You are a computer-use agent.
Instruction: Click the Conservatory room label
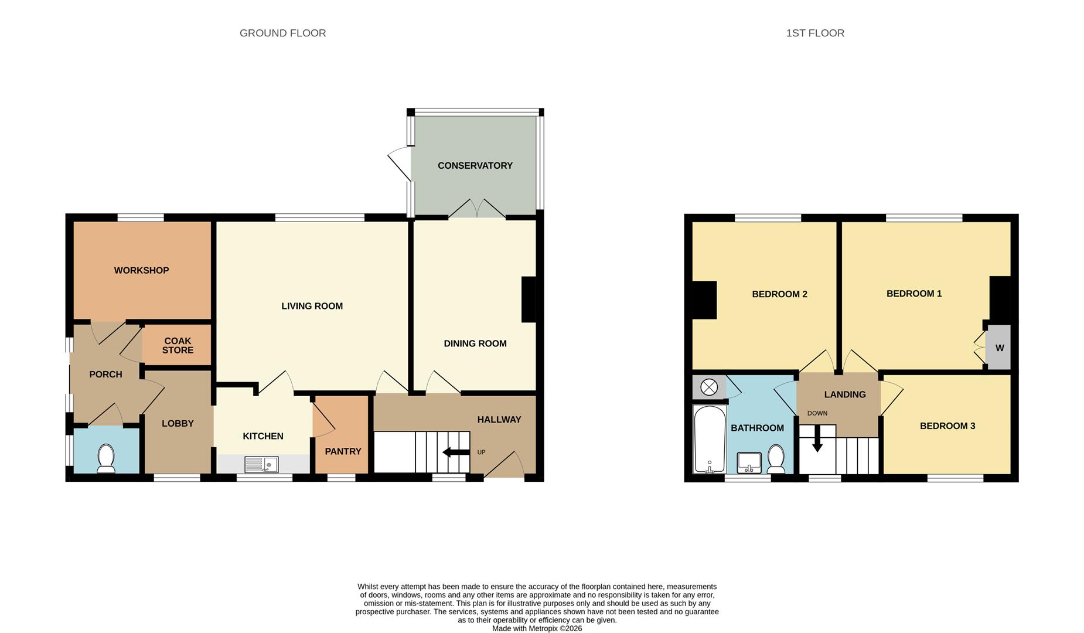click(475, 166)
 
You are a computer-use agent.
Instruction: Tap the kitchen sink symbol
click(261, 465)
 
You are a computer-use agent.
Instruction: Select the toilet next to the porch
click(106, 458)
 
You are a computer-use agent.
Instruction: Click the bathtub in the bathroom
click(710, 440)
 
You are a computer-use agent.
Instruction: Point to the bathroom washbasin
click(749, 462)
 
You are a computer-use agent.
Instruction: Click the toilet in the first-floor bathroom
click(776, 459)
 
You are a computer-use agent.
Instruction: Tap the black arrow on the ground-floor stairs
click(456, 452)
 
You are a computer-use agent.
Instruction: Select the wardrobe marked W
click(1000, 348)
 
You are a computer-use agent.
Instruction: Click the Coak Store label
click(178, 345)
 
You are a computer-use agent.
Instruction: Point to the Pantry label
click(343, 451)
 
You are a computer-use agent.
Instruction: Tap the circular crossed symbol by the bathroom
click(709, 387)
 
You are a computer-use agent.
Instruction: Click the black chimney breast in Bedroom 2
click(704, 300)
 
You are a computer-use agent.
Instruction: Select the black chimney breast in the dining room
click(529, 300)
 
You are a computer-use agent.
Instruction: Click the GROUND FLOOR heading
click(282, 33)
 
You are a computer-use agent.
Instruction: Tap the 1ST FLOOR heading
click(814, 33)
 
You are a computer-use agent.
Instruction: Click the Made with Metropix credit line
click(537, 628)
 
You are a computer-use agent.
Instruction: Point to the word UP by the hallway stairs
click(481, 452)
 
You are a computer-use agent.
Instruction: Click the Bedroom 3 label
click(947, 426)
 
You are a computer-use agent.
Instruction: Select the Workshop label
click(141, 270)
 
